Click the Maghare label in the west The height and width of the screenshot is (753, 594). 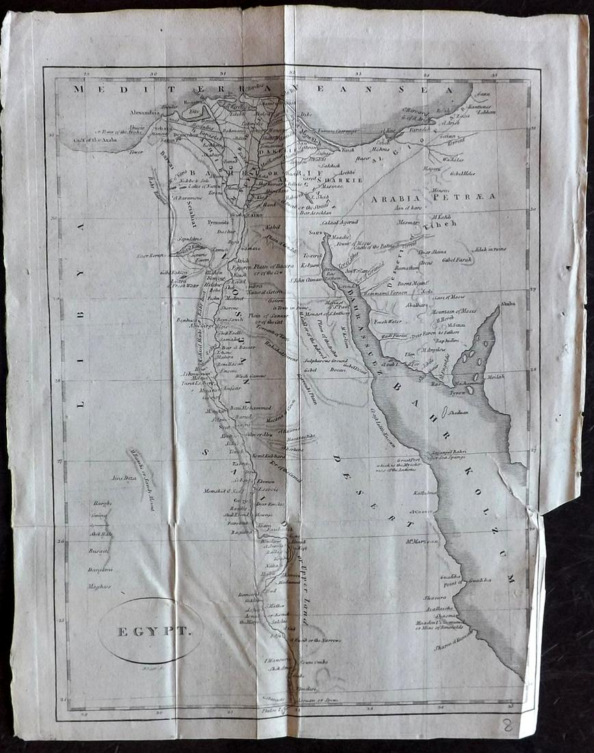pos(99,586)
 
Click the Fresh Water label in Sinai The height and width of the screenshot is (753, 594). pos(388,320)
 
